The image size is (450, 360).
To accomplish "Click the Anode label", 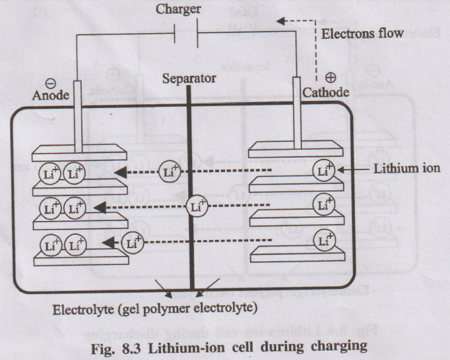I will click(50, 96).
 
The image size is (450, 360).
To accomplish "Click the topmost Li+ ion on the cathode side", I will click(324, 171).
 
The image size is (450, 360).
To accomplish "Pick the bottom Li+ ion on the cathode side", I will click(324, 239).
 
